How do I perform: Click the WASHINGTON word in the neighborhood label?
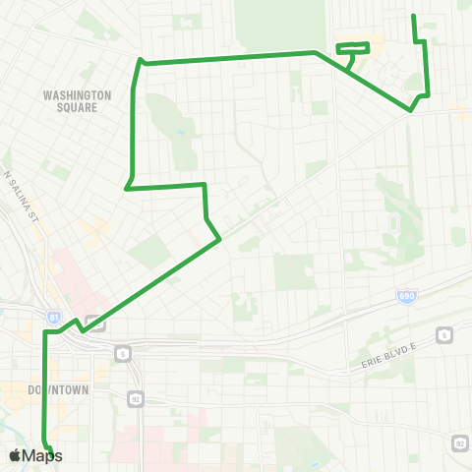point(78,95)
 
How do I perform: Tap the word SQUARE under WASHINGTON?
point(78,107)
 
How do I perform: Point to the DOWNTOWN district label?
point(58,389)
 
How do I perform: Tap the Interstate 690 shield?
point(406,295)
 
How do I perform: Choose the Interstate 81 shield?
point(54,317)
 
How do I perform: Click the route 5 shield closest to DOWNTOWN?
point(122,352)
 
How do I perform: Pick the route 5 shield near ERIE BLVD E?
point(444,335)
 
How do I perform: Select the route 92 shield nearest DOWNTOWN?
point(135,397)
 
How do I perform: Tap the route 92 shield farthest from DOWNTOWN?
point(459,443)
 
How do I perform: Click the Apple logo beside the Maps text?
point(15,455)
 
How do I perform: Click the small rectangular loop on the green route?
point(353,46)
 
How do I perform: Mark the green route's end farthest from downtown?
point(412,15)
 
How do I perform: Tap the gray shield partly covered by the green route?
point(94,321)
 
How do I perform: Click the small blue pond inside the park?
point(181,134)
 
